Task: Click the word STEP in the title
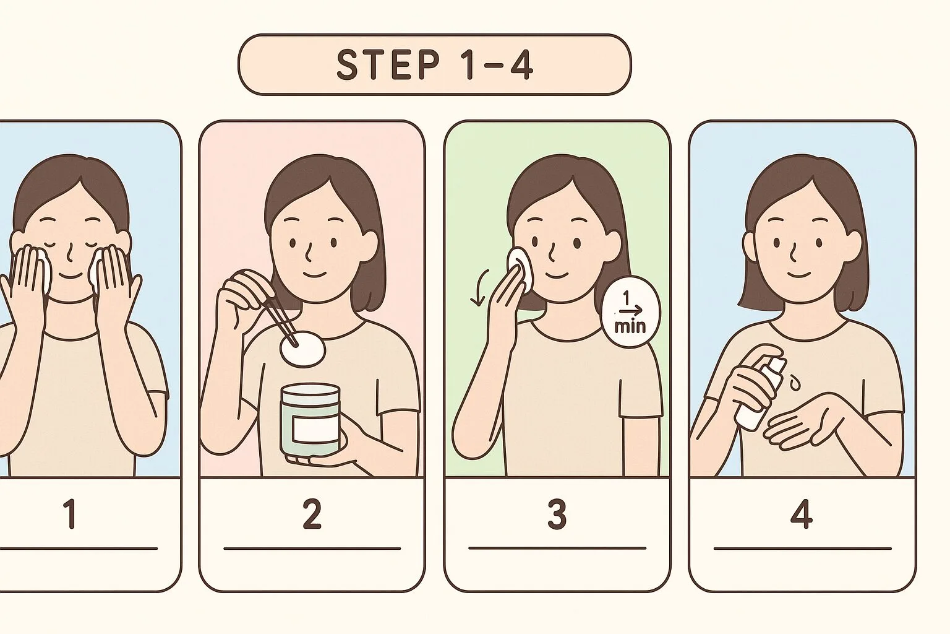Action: [x=388, y=64]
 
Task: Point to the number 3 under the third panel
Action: [x=557, y=514]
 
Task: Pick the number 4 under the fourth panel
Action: [x=801, y=514]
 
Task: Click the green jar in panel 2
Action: [x=310, y=420]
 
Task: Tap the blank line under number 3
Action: [x=557, y=548]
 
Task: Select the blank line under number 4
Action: [x=802, y=548]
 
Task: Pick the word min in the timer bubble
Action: [x=630, y=326]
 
